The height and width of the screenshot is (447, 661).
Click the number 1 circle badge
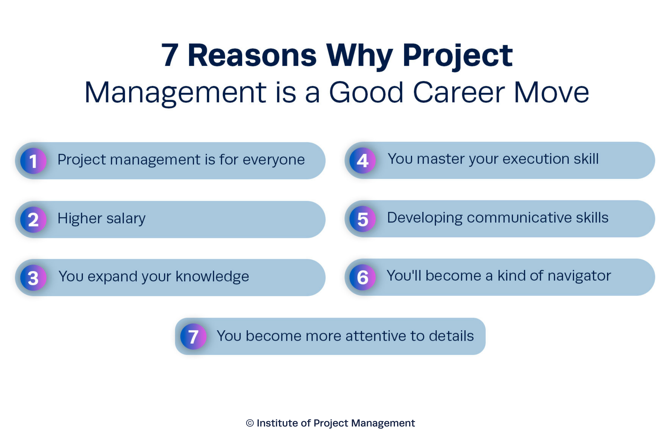tap(33, 161)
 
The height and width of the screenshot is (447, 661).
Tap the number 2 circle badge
tap(33, 220)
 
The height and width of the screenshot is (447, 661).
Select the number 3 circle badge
tap(33, 278)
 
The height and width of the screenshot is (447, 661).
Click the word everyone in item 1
tap(274, 160)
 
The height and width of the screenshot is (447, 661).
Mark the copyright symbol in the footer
tap(250, 423)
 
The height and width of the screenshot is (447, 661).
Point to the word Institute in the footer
tap(277, 423)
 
